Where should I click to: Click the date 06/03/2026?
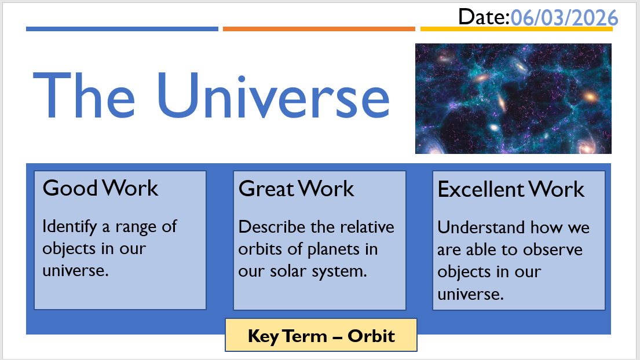(x=565, y=18)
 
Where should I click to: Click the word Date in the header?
(x=481, y=17)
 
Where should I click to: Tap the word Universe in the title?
(x=273, y=95)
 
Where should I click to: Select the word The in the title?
(x=83, y=95)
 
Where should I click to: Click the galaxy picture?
(x=513, y=98)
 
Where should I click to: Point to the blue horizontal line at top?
(x=122, y=29)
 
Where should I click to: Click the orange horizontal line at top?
(x=319, y=29)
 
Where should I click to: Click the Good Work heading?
(x=100, y=188)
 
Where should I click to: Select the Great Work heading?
(x=296, y=188)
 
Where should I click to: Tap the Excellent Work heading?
(x=511, y=189)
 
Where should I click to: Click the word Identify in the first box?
(x=70, y=227)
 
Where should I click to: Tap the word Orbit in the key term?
(x=371, y=336)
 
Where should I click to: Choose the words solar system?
(x=319, y=271)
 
